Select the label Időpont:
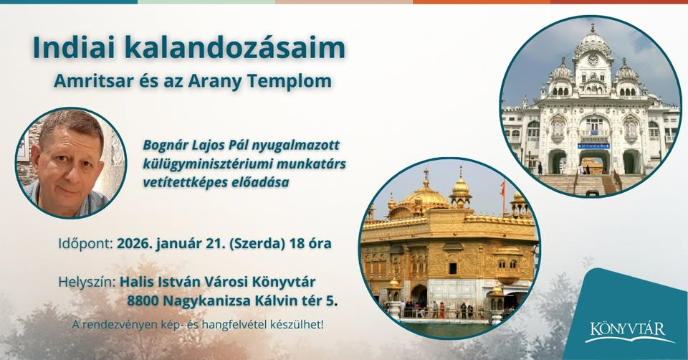tap(85, 242)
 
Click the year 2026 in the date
tap(135, 242)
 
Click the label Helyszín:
tap(86, 280)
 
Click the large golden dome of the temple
tap(426, 195)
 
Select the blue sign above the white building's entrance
tap(593, 146)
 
